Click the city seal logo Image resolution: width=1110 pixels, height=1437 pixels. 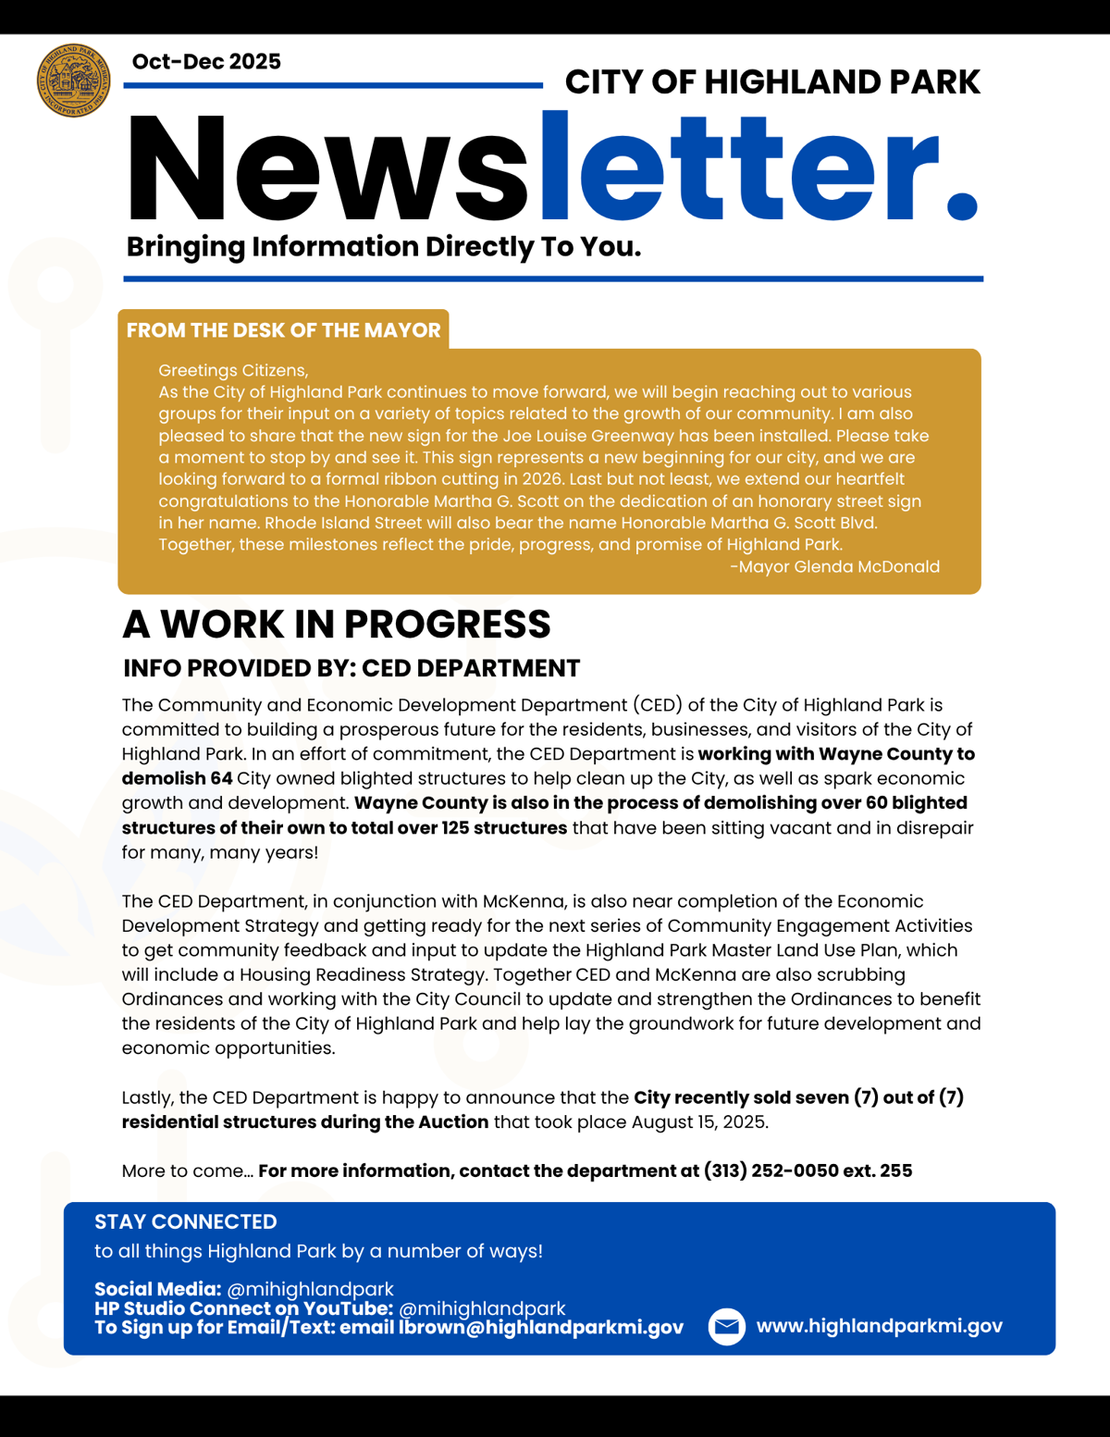(73, 81)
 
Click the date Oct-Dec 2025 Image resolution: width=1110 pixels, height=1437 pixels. (206, 62)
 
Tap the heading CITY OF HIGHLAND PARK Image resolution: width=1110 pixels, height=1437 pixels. (771, 82)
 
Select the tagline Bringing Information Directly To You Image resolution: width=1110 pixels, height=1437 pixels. (383, 247)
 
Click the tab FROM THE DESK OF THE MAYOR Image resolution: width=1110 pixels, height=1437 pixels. (283, 330)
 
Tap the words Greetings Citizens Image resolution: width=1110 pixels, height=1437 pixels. (233, 371)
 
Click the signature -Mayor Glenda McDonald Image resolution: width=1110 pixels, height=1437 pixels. (834, 566)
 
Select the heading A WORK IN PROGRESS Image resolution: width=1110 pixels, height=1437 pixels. (337, 625)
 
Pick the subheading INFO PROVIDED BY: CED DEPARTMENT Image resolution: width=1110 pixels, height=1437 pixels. (351, 668)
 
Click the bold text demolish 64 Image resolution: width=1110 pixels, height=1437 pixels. (177, 778)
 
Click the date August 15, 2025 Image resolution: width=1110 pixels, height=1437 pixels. (699, 1122)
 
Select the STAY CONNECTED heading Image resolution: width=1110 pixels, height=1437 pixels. (185, 1221)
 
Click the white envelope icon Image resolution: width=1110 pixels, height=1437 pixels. (727, 1327)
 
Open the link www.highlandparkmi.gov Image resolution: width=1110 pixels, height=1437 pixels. (879, 1326)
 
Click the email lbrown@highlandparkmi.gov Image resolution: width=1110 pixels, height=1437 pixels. (541, 1328)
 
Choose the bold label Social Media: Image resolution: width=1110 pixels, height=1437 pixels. (157, 1289)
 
